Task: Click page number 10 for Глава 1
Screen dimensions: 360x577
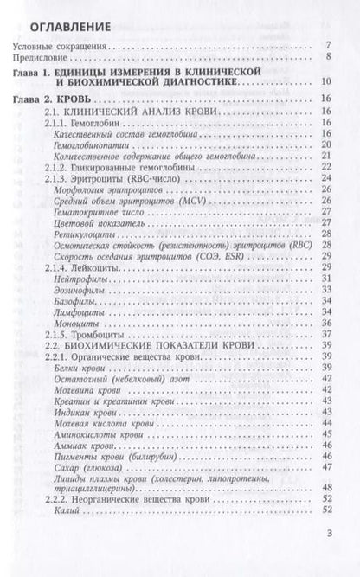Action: pyautogui.click(x=325, y=82)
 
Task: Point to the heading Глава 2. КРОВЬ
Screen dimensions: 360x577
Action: pyautogui.click(x=60, y=101)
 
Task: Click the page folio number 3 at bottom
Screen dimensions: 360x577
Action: pyautogui.click(x=330, y=558)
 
